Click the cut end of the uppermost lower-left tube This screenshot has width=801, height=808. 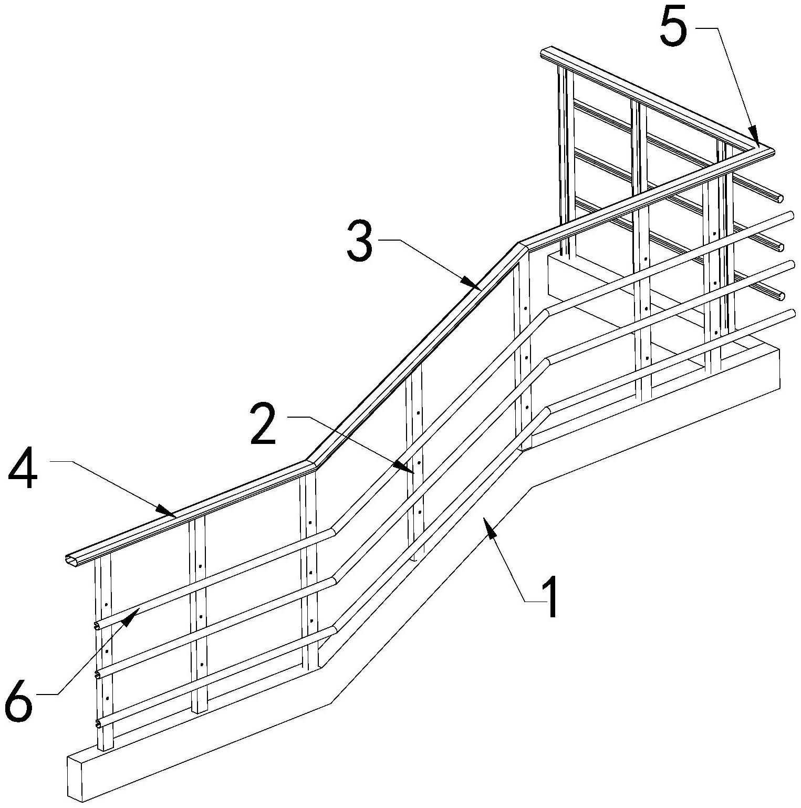coord(97,626)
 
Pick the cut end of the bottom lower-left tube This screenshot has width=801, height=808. coord(98,725)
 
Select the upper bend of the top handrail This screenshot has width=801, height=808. coord(522,245)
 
